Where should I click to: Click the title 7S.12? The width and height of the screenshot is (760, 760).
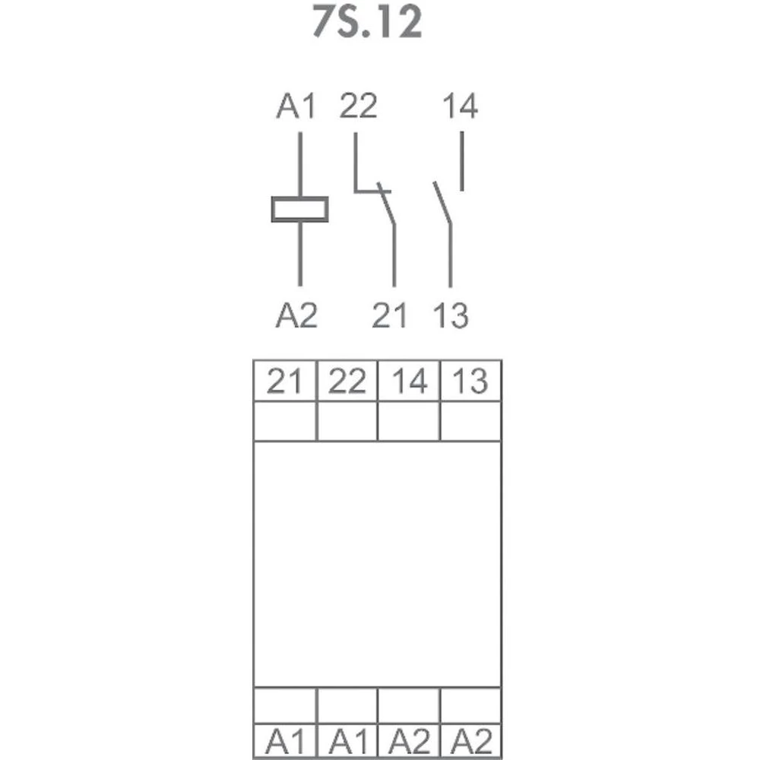pyautogui.click(x=367, y=22)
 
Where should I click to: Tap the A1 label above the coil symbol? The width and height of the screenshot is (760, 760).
pyautogui.click(x=296, y=106)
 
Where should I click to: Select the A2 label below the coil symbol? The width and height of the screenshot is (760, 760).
pyautogui.click(x=296, y=315)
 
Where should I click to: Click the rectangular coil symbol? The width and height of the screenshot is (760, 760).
pyautogui.click(x=300, y=210)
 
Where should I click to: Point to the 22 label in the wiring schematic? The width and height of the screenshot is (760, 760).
pyautogui.click(x=358, y=106)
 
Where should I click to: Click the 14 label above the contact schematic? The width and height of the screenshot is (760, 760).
pyautogui.click(x=461, y=106)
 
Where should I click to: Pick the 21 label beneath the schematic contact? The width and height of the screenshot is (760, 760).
pyautogui.click(x=389, y=315)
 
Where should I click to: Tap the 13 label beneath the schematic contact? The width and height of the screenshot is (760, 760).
pyautogui.click(x=451, y=315)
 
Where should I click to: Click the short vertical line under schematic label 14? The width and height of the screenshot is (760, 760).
pyautogui.click(x=462, y=161)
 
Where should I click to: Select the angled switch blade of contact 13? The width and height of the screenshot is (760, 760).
pyautogui.click(x=442, y=203)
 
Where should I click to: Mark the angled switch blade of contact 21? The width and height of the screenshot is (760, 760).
pyautogui.click(x=387, y=203)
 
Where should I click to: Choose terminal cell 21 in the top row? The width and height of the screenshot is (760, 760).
pyautogui.click(x=285, y=381)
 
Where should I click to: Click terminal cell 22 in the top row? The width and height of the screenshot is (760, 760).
pyautogui.click(x=347, y=381)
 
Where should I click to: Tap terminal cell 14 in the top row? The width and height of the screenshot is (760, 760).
pyautogui.click(x=409, y=381)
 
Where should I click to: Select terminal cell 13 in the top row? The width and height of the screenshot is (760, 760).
pyautogui.click(x=470, y=381)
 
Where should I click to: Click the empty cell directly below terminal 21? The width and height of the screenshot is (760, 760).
pyautogui.click(x=285, y=421)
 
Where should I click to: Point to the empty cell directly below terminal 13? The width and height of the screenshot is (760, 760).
pyautogui.click(x=470, y=421)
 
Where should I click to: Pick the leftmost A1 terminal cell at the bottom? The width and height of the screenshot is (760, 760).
pyautogui.click(x=285, y=741)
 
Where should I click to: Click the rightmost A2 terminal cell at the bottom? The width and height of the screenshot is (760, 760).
pyautogui.click(x=470, y=741)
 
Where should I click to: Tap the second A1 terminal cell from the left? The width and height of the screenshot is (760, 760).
pyautogui.click(x=347, y=741)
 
